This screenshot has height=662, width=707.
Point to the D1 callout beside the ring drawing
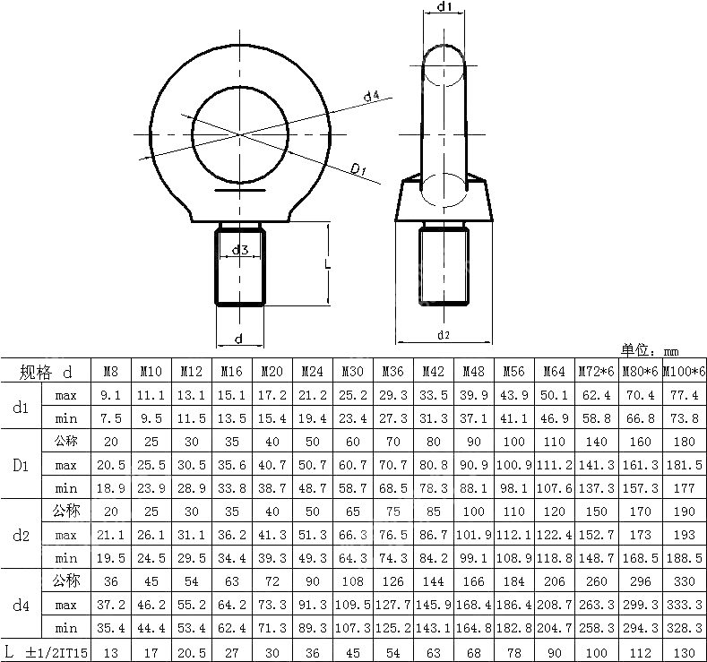[360, 169]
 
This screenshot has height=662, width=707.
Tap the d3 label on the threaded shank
[240, 250]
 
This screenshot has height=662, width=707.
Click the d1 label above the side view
[444, 8]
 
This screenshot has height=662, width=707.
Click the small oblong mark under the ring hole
[240, 189]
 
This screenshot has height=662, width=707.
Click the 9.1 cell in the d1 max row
[110, 395]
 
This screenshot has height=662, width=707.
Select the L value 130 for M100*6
[685, 650]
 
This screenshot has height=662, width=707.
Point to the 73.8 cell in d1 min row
[685, 418]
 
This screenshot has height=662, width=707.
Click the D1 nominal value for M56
[513, 443]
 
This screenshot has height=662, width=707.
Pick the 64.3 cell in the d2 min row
[352, 557]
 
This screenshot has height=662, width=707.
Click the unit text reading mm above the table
[671, 351]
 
